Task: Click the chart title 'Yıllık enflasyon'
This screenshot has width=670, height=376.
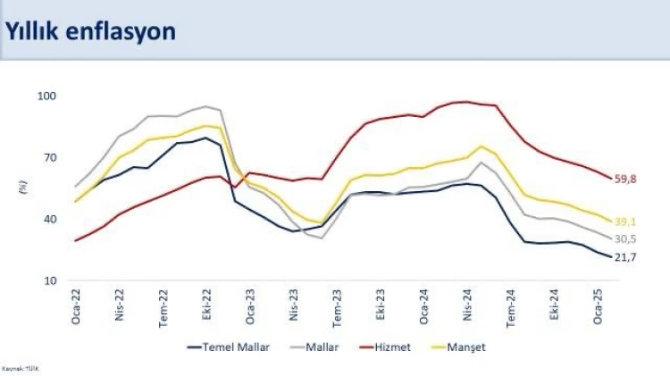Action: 90,30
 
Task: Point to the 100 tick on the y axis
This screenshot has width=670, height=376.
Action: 46,96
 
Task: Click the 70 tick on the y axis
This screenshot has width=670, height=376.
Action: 48,158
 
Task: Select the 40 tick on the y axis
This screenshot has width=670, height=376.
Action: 48,220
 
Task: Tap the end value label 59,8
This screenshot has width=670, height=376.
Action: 625,180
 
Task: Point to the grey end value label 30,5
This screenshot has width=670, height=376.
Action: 625,239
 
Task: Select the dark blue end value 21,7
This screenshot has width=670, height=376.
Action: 625,258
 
